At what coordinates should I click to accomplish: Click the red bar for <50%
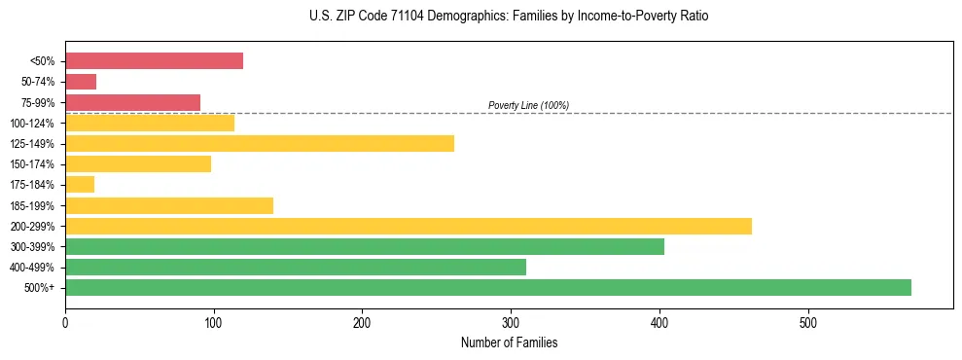click(x=154, y=61)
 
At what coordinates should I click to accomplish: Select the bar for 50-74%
click(x=81, y=82)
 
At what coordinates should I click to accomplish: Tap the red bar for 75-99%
click(x=132, y=102)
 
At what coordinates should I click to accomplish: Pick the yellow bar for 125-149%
click(x=260, y=144)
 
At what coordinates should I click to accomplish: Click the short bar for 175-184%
click(x=80, y=185)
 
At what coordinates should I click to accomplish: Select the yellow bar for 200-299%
click(x=409, y=227)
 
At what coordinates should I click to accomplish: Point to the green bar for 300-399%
click(x=365, y=247)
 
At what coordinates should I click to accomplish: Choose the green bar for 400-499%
click(x=296, y=267)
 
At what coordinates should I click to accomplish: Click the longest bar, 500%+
click(x=488, y=287)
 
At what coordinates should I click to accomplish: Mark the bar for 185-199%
click(x=169, y=205)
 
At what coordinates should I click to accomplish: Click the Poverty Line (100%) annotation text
click(x=528, y=105)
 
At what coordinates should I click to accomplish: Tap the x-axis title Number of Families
click(x=509, y=342)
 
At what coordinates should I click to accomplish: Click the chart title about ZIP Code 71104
click(x=510, y=17)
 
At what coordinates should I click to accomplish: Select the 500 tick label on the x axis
click(x=807, y=322)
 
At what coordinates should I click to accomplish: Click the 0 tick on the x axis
click(x=65, y=322)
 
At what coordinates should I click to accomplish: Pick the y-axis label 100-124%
click(x=32, y=124)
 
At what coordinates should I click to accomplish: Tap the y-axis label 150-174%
click(x=32, y=164)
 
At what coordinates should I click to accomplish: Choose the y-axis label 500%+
click(x=40, y=288)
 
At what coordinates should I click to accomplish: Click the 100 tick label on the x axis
click(x=214, y=322)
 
